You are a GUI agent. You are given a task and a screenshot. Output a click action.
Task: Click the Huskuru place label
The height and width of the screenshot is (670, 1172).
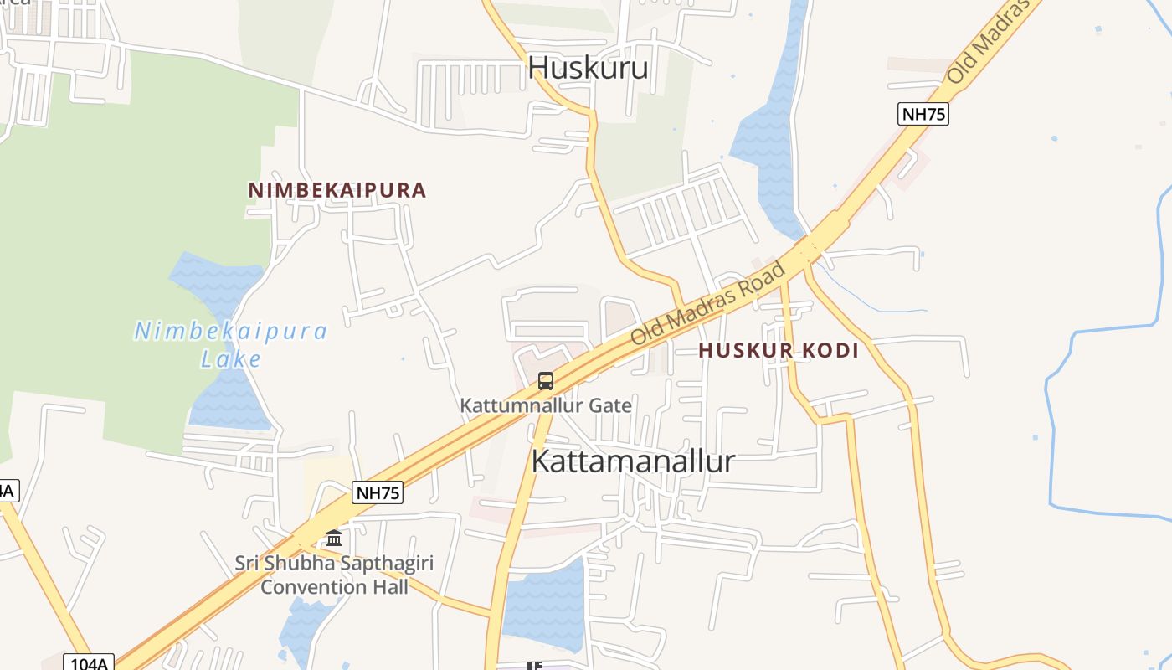(x=588, y=67)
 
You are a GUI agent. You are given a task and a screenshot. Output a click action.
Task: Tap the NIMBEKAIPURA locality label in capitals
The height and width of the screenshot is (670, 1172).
(x=337, y=190)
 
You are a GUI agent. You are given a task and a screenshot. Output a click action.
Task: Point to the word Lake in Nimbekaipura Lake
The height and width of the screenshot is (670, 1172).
(x=231, y=360)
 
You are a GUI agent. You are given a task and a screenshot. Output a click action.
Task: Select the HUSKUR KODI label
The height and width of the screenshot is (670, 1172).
(x=779, y=351)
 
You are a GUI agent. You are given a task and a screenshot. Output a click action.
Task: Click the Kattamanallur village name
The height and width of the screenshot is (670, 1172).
(x=633, y=461)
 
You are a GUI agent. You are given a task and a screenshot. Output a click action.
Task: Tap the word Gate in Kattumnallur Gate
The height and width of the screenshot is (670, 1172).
(x=609, y=406)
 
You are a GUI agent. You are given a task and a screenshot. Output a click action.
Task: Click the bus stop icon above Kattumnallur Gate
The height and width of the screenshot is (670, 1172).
(x=546, y=381)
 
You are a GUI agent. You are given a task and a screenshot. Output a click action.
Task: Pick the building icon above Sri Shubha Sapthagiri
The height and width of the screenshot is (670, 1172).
(x=334, y=538)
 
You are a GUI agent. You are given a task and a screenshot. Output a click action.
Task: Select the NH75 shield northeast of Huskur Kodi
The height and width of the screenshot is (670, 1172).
(x=923, y=114)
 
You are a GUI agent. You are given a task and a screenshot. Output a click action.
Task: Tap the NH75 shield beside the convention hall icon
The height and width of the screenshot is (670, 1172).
(x=378, y=492)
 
